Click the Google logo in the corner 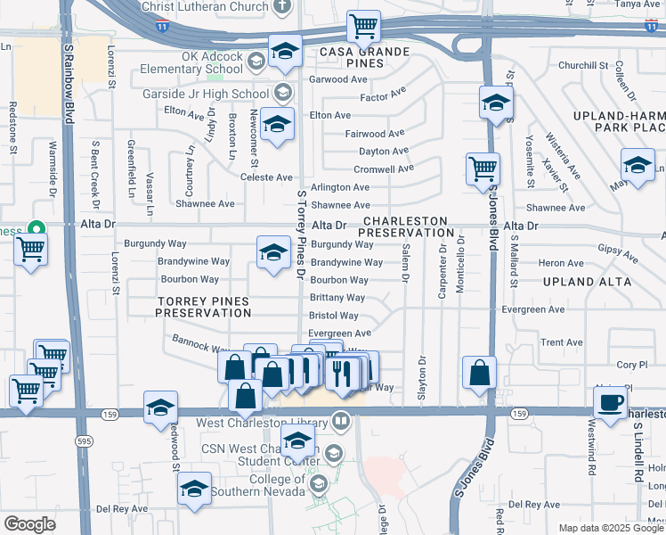(30, 524)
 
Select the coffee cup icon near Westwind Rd (610, 402)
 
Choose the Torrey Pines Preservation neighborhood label (203, 308)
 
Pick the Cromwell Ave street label (384, 169)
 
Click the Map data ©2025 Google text (609, 528)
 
